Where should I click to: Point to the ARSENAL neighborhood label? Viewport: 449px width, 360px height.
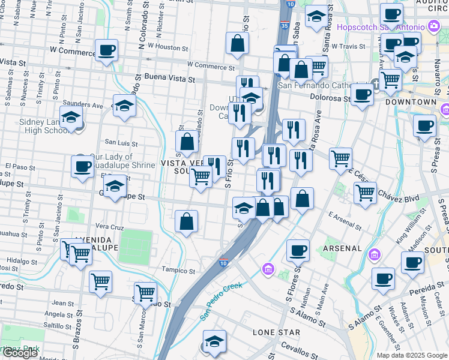(x=342, y=248)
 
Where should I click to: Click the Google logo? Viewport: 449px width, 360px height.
(x=20, y=353)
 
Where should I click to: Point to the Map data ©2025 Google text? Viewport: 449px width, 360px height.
(x=412, y=355)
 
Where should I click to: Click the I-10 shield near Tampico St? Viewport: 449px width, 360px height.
(x=223, y=262)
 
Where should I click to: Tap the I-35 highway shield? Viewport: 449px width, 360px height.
(x=283, y=26)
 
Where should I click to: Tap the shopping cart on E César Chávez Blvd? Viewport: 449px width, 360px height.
(x=365, y=193)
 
